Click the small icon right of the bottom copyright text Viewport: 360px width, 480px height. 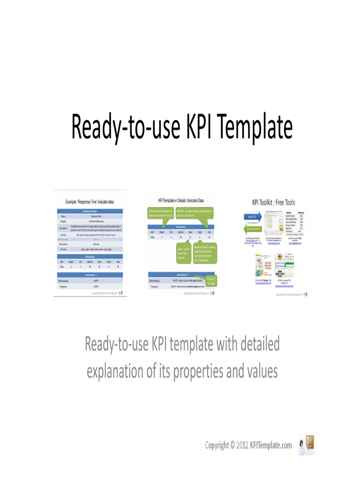(x=307, y=444)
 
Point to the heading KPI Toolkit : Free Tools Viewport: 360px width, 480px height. (x=274, y=202)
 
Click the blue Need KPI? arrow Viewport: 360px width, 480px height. (x=252, y=217)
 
